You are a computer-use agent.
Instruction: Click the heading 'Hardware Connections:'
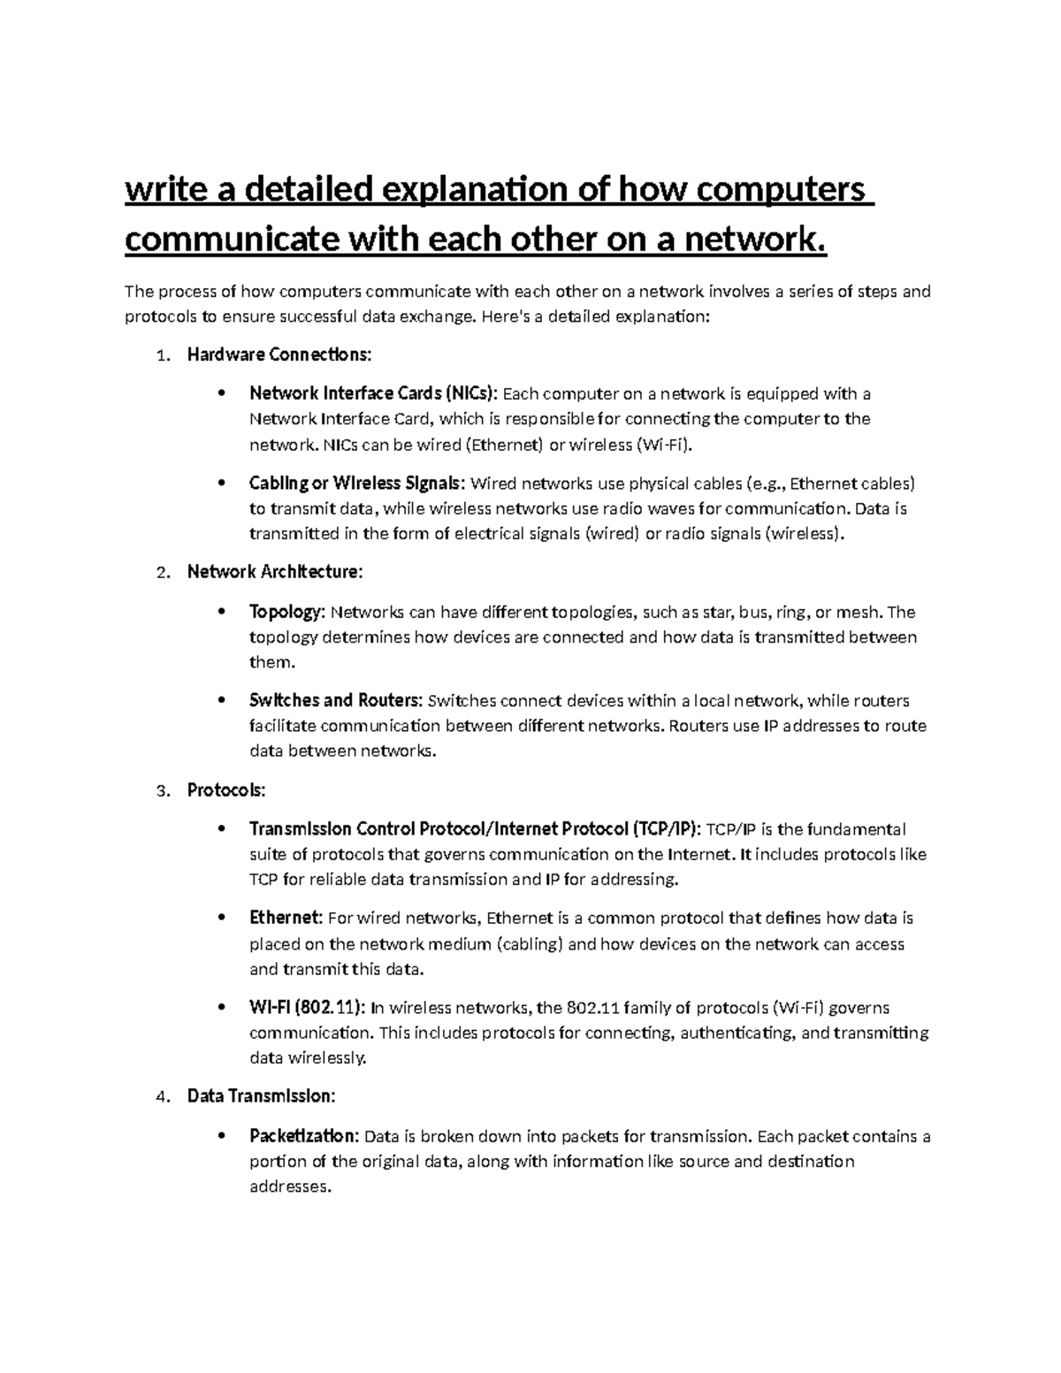click(x=279, y=355)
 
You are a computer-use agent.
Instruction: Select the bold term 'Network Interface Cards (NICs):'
click(x=374, y=393)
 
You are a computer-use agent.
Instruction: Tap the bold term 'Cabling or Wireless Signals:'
click(x=356, y=484)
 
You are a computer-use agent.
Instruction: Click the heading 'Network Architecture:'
click(x=275, y=572)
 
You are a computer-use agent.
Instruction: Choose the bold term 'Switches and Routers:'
click(x=336, y=701)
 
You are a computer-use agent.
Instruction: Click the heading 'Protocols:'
click(x=226, y=789)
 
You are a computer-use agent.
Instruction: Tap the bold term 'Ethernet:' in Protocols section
click(x=286, y=919)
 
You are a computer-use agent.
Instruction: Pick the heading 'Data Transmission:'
click(x=261, y=1096)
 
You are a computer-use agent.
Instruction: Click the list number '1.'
click(x=161, y=355)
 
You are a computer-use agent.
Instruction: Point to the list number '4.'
click(x=161, y=1097)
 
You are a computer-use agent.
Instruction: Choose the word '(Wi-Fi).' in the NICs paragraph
click(x=664, y=444)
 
